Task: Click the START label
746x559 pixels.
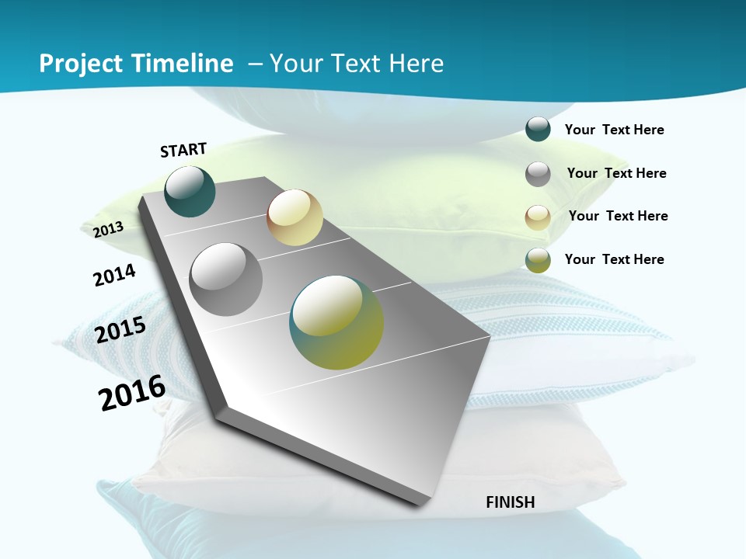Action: [183, 150]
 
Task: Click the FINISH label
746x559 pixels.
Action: [510, 502]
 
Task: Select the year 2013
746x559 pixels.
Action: [108, 229]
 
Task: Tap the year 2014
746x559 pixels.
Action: [114, 276]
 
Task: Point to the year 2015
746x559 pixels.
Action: [120, 330]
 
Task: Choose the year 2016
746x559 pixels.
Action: [132, 393]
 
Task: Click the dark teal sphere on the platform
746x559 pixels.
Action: [190, 192]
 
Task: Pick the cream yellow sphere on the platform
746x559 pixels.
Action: [295, 217]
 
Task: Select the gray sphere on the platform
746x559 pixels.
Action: [226, 279]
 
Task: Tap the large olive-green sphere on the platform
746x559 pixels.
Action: [336, 322]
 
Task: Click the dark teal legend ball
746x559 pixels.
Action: [538, 129]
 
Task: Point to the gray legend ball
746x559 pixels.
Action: [538, 174]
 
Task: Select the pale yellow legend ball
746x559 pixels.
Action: [538, 217]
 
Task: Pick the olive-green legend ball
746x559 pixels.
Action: [538, 260]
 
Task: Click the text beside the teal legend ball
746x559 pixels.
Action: [614, 130]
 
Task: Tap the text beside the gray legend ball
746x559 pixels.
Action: [616, 173]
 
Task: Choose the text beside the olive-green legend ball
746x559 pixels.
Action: [614, 259]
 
